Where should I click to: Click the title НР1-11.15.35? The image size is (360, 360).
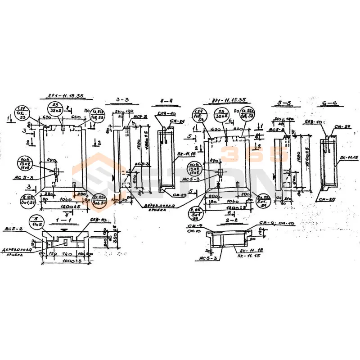[x=229, y=100]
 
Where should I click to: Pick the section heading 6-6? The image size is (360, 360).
[x=329, y=103]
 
